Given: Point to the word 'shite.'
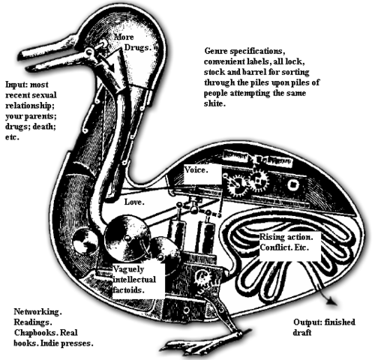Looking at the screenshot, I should coord(217,103).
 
